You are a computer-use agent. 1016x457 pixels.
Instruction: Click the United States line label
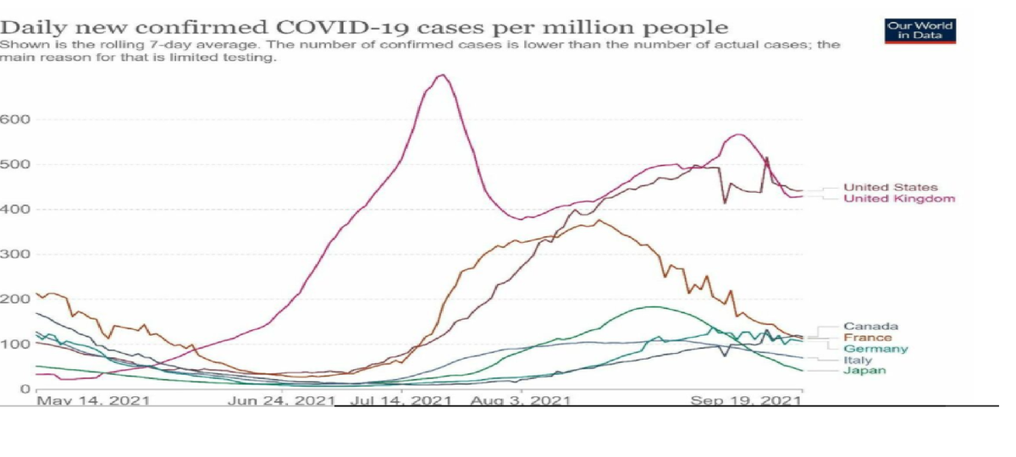click(890, 187)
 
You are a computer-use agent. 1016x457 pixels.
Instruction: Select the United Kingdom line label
click(899, 199)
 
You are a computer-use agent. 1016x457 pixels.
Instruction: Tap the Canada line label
click(870, 326)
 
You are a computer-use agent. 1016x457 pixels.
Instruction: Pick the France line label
click(867, 338)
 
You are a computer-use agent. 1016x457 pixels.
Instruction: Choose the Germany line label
click(875, 349)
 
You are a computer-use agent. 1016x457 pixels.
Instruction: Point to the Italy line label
click(858, 360)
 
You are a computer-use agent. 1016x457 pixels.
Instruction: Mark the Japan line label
click(864, 371)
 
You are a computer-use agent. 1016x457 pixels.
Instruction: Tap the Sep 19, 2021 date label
click(746, 400)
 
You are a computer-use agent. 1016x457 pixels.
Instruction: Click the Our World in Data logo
click(919, 30)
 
